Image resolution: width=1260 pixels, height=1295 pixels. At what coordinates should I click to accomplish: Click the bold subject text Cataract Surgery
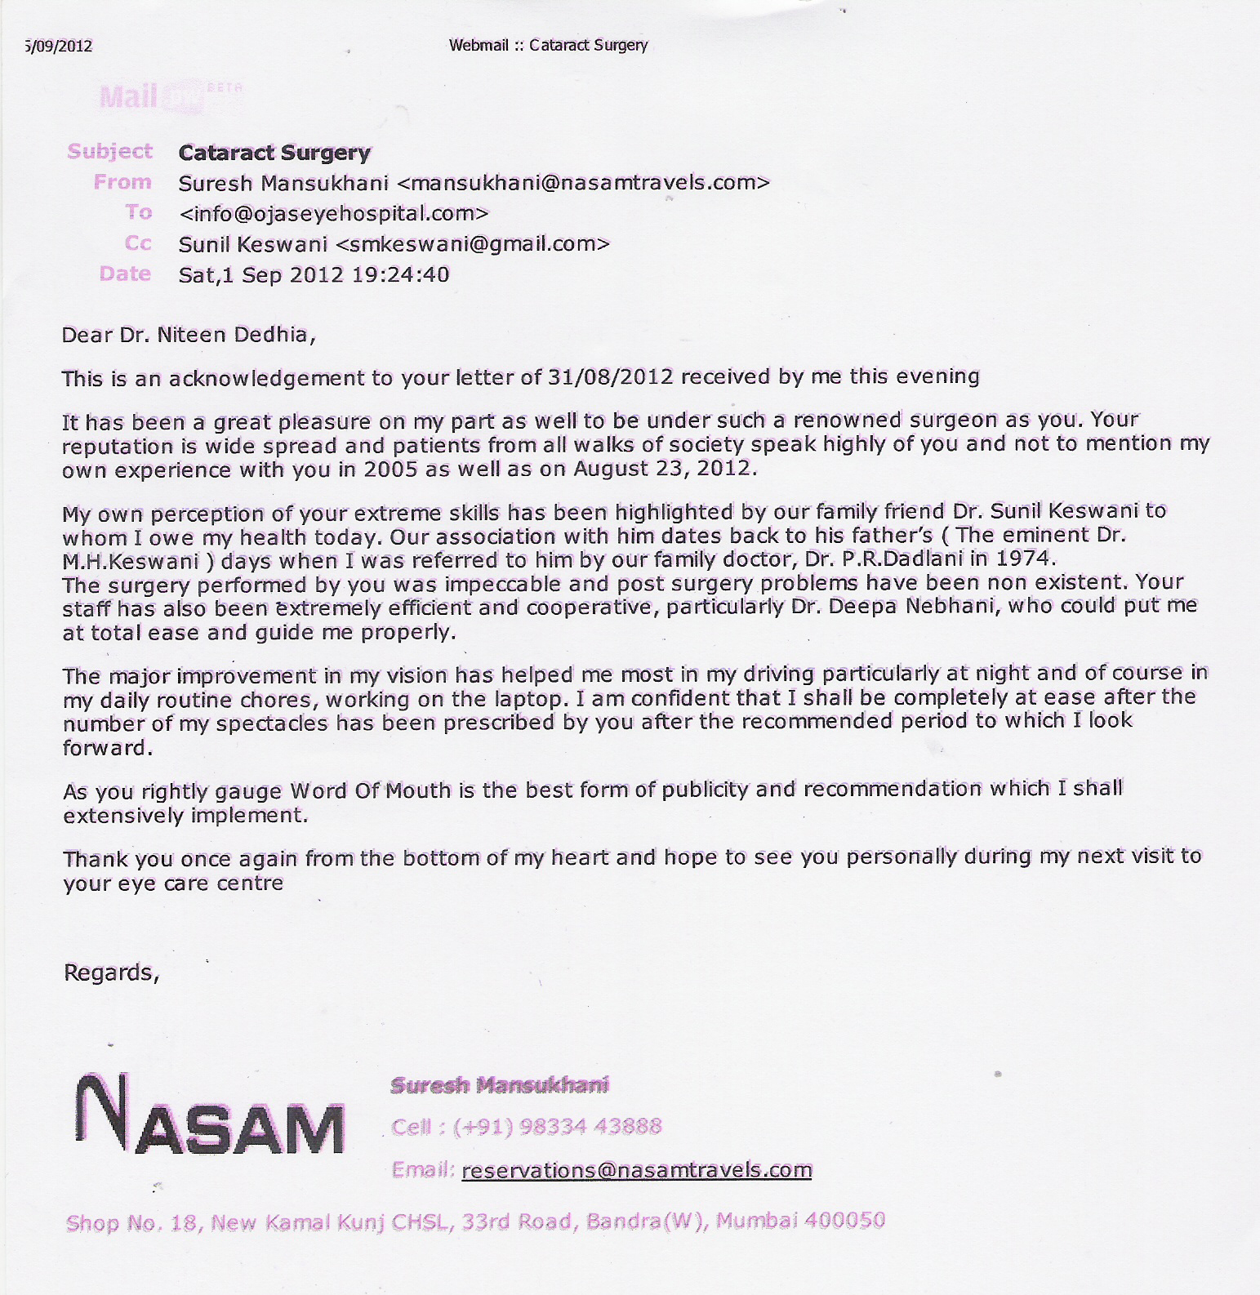(274, 153)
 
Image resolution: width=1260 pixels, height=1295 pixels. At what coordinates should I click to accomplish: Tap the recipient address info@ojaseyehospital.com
(333, 214)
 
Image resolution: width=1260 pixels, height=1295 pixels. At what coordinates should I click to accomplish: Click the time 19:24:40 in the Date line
(400, 274)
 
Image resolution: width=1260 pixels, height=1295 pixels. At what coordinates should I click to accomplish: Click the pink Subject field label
(109, 151)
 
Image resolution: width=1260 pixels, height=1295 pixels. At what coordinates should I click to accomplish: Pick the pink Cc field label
(138, 243)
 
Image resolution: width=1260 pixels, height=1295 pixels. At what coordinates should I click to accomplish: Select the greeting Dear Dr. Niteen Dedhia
(188, 335)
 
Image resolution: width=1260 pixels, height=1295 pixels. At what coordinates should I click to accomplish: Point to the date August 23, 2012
(664, 469)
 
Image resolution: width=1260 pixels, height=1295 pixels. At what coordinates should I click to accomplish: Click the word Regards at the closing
(109, 972)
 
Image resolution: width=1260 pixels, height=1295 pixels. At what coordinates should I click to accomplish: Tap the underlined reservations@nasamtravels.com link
(636, 1170)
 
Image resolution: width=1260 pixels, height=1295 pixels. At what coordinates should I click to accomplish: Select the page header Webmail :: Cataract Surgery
(548, 45)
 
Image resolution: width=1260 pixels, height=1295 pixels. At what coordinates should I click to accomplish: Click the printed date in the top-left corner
(58, 46)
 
